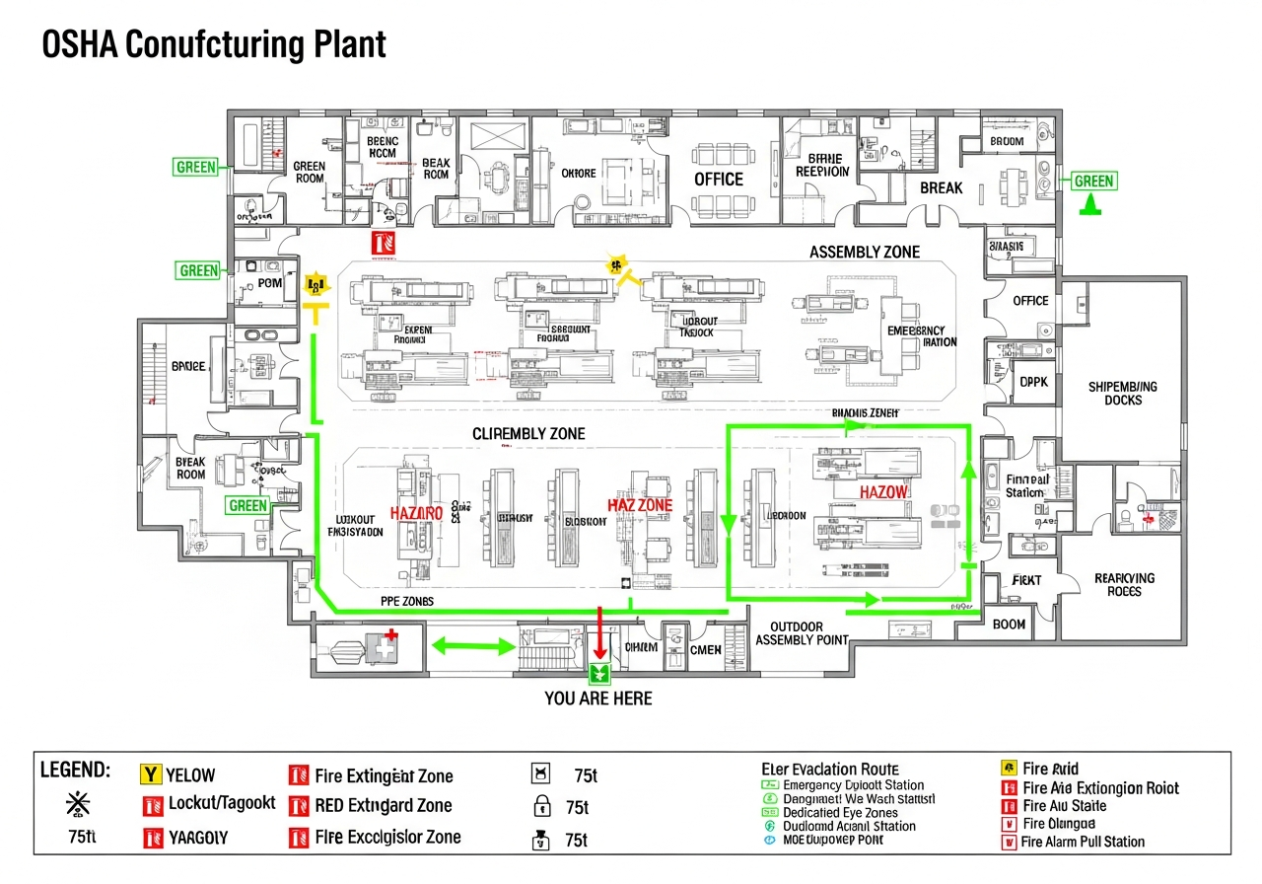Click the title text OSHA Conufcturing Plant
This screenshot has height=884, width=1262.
[x=213, y=45]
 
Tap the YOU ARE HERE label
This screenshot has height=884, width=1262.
[x=597, y=699]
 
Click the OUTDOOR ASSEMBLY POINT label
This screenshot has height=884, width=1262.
[x=802, y=633]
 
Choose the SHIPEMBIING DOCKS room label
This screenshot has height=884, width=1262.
[x=1122, y=394]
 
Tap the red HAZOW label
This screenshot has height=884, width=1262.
[x=883, y=491]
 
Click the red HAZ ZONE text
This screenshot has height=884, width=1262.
[x=640, y=505]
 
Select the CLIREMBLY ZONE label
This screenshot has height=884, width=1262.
[x=528, y=434]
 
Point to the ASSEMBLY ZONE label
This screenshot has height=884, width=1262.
[x=864, y=253]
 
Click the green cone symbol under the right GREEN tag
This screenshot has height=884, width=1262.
[x=1090, y=205]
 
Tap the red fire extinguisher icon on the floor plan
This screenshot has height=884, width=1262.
[x=383, y=242]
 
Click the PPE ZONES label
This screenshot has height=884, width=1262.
[x=406, y=601]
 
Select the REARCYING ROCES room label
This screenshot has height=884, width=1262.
[x=1124, y=585]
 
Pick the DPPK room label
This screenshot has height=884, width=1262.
[x=1032, y=381]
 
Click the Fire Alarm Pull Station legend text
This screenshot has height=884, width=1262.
[x=1083, y=842]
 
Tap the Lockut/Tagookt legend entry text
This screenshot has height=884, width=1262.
[x=222, y=803]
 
